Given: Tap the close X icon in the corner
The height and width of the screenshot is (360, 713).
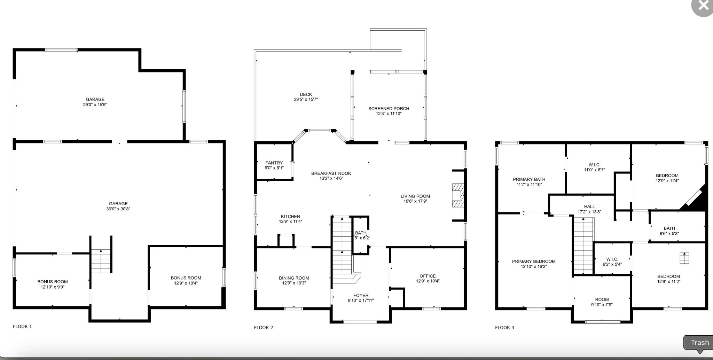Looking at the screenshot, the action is pos(703,5).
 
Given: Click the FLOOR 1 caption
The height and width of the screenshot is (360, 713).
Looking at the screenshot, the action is pos(22,327).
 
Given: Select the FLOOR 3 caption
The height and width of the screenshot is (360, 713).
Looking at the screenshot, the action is pos(504,328).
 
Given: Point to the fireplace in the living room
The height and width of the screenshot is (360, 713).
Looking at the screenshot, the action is pos(458,195).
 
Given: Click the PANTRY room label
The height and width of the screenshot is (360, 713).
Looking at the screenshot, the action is pos(274,163).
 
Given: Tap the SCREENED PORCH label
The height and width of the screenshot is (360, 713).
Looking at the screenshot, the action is pos(389,109).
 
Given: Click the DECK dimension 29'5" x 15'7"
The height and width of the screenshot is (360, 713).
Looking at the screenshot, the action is pos(306,100).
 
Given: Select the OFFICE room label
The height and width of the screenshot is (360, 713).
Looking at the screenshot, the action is pos(428,276).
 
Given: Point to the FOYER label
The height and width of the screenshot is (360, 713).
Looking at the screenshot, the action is pos(361,296).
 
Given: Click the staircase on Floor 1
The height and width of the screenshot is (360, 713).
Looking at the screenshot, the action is pos(101,261).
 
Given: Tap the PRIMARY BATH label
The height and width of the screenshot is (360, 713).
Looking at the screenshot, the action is pos(529,180).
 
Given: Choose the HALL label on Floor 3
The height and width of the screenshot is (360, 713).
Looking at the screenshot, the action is pos(589,207).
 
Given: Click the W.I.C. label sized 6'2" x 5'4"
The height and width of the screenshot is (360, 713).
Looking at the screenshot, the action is pos(612,259).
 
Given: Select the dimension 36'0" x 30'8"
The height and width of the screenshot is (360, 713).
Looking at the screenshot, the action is pos(118,209).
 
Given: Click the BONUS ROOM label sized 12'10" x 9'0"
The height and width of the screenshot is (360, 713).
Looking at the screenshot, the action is pos(53,282).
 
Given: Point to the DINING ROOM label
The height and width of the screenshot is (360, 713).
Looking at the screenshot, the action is pos(294,278).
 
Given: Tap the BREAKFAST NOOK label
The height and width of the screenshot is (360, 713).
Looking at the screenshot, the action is pos(331,173).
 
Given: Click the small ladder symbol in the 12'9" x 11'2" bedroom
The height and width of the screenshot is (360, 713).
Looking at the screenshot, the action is pos(684,258).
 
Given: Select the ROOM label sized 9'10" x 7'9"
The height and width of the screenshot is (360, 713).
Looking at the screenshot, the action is pos(602,300).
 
